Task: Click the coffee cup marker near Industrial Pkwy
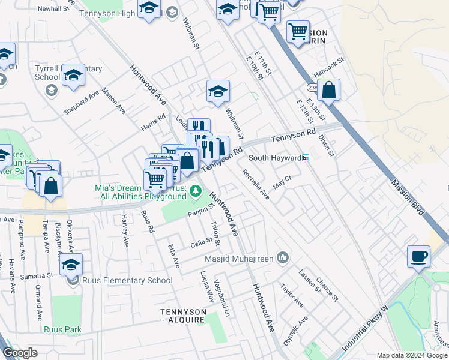(418, 257)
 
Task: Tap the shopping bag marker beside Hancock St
(328, 91)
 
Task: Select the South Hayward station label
(274, 158)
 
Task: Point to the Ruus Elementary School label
(128, 280)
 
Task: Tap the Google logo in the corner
(20, 353)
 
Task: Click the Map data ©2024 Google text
(412, 355)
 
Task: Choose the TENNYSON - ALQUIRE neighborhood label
(183, 316)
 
